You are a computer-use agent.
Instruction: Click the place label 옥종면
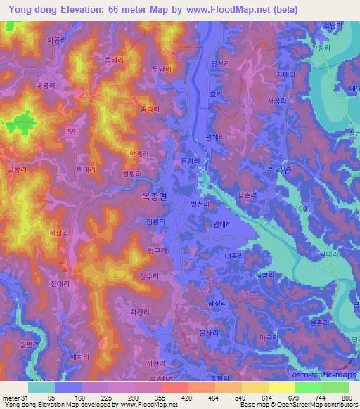[150, 199]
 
